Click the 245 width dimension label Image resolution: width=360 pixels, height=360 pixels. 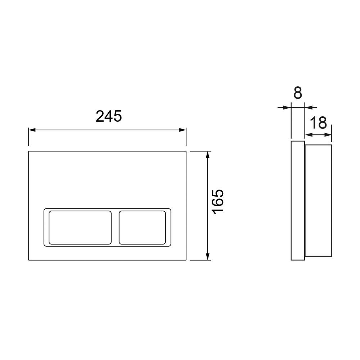tap(109, 116)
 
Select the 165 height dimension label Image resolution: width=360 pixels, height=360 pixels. tap(218, 202)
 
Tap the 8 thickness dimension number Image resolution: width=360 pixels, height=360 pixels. tap(298, 93)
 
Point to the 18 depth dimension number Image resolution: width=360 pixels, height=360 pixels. tap(318, 123)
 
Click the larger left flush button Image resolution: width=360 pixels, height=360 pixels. tap(80, 228)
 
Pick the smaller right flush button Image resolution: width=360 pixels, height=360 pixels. tap(142, 228)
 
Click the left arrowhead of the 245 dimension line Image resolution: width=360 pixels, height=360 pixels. tap(32, 130)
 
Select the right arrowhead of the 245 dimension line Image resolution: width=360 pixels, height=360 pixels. tap(183, 130)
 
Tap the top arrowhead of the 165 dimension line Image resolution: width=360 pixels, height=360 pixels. tap(208, 155)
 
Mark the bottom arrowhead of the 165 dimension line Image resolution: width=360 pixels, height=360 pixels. tap(208, 257)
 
